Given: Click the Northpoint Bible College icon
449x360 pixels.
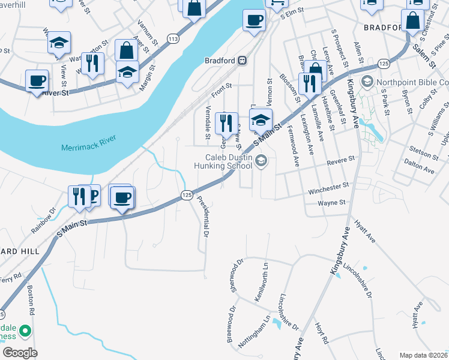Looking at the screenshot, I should pos(366,82).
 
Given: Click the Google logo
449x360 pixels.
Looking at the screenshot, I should pos(19,352).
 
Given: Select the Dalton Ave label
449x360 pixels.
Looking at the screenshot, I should pos(419,171).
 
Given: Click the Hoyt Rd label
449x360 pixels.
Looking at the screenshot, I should pos(322,334).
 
